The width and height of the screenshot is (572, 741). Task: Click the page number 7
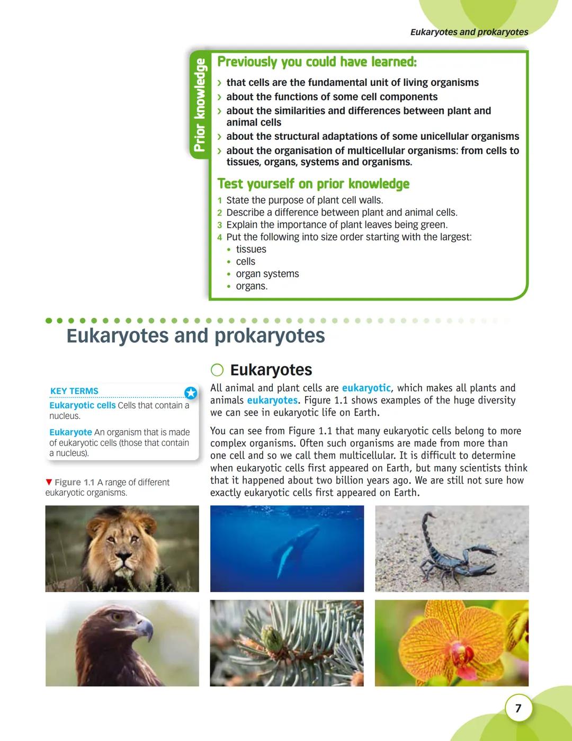[518, 708]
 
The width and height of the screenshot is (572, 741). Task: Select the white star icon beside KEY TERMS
[191, 393]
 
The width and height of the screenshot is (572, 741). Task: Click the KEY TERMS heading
[74, 391]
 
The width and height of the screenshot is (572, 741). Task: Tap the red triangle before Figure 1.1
[49, 482]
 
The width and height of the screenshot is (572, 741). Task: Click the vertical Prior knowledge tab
[199, 105]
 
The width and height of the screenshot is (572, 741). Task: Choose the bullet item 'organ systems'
[267, 274]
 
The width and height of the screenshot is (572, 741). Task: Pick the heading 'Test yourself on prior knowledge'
[313, 184]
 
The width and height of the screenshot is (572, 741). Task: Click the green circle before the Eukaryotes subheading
[217, 370]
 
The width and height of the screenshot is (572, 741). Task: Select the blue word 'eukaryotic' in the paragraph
[366, 388]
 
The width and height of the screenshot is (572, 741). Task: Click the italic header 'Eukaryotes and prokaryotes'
[469, 32]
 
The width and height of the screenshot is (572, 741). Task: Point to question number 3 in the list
[219, 225]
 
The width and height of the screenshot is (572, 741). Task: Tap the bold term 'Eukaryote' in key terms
[70, 432]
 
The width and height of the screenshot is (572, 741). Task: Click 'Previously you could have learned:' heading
[317, 62]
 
